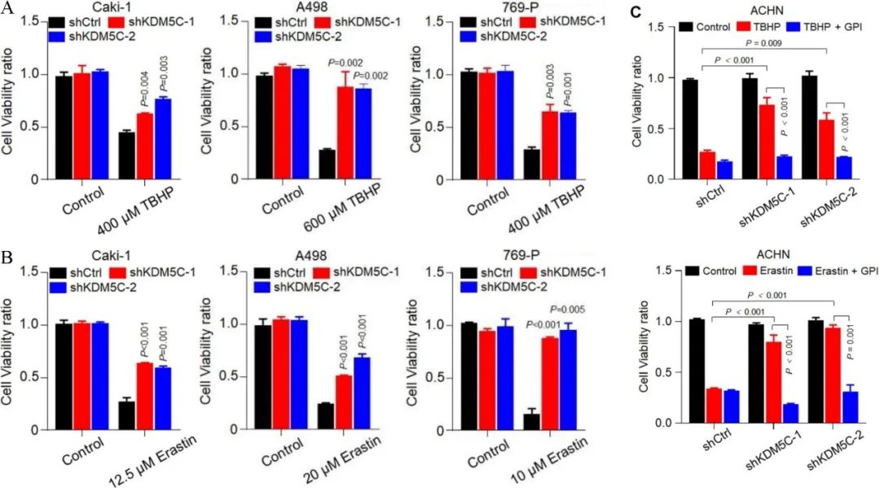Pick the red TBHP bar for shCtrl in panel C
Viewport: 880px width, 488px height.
[x=706, y=165]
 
